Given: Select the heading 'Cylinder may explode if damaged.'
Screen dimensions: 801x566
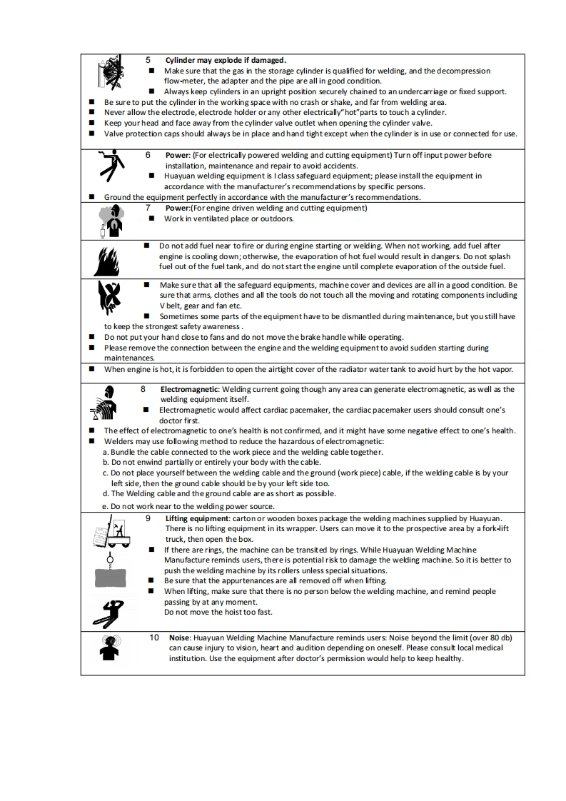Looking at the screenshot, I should pyautogui.click(x=226, y=60).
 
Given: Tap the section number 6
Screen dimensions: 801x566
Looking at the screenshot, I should pyautogui.click(x=148, y=155).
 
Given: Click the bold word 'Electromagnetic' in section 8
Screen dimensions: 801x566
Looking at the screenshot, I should pyautogui.click(x=189, y=390).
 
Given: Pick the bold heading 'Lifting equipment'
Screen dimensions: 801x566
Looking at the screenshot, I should pyautogui.click(x=196, y=518).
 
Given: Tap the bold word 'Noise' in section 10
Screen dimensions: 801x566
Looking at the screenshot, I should pyautogui.click(x=179, y=638).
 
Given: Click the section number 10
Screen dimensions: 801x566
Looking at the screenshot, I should pyautogui.click(x=154, y=638).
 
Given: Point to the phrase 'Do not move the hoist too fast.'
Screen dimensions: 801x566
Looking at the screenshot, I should pyautogui.click(x=218, y=613).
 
